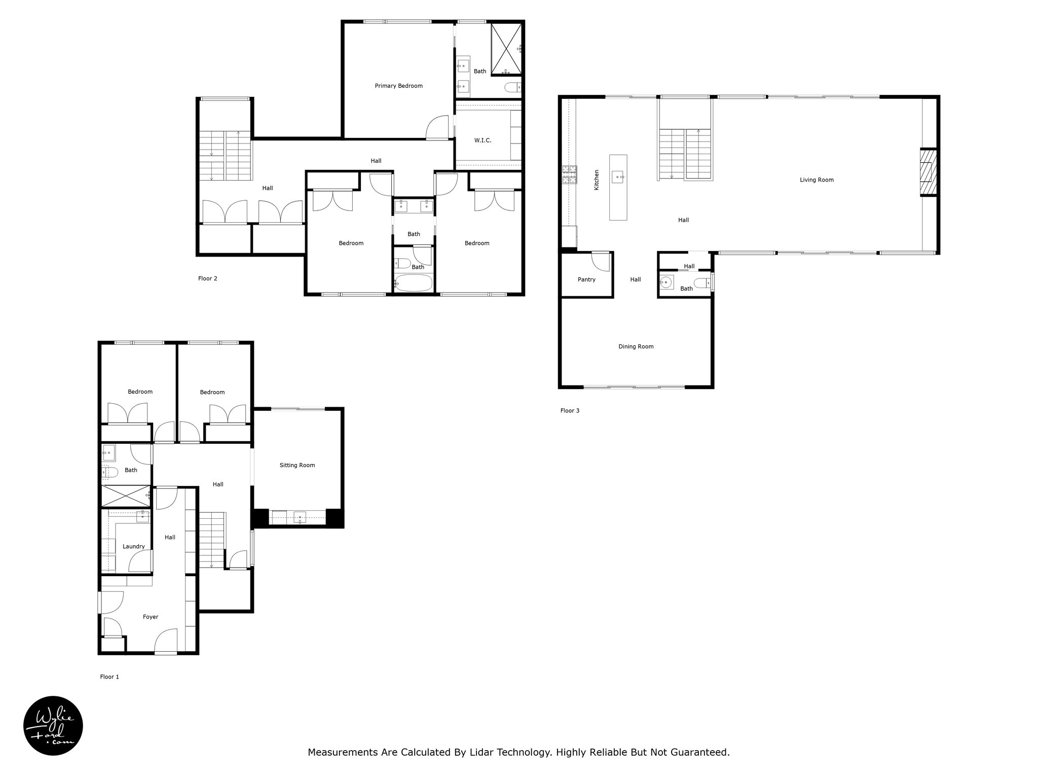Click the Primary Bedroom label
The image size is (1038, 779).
(x=398, y=86)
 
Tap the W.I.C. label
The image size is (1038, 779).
(x=483, y=140)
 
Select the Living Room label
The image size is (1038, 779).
(x=817, y=180)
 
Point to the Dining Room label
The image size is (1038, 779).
(x=636, y=346)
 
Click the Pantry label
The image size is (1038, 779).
(x=586, y=279)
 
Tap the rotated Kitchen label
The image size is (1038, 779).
(x=597, y=180)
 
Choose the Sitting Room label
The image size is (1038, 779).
(x=297, y=465)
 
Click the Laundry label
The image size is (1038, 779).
(x=134, y=546)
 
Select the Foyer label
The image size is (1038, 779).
(x=151, y=617)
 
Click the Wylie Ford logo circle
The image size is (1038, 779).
(x=53, y=726)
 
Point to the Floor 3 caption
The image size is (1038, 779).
(x=570, y=410)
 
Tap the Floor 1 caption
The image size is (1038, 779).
(x=109, y=677)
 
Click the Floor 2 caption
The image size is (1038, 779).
(x=208, y=278)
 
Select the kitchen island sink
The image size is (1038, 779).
(x=618, y=177)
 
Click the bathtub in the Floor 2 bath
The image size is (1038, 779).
(x=414, y=283)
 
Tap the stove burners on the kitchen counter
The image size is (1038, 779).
(x=569, y=175)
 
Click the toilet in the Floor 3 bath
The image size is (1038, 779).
(x=702, y=282)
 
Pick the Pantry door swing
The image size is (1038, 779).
(x=601, y=261)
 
